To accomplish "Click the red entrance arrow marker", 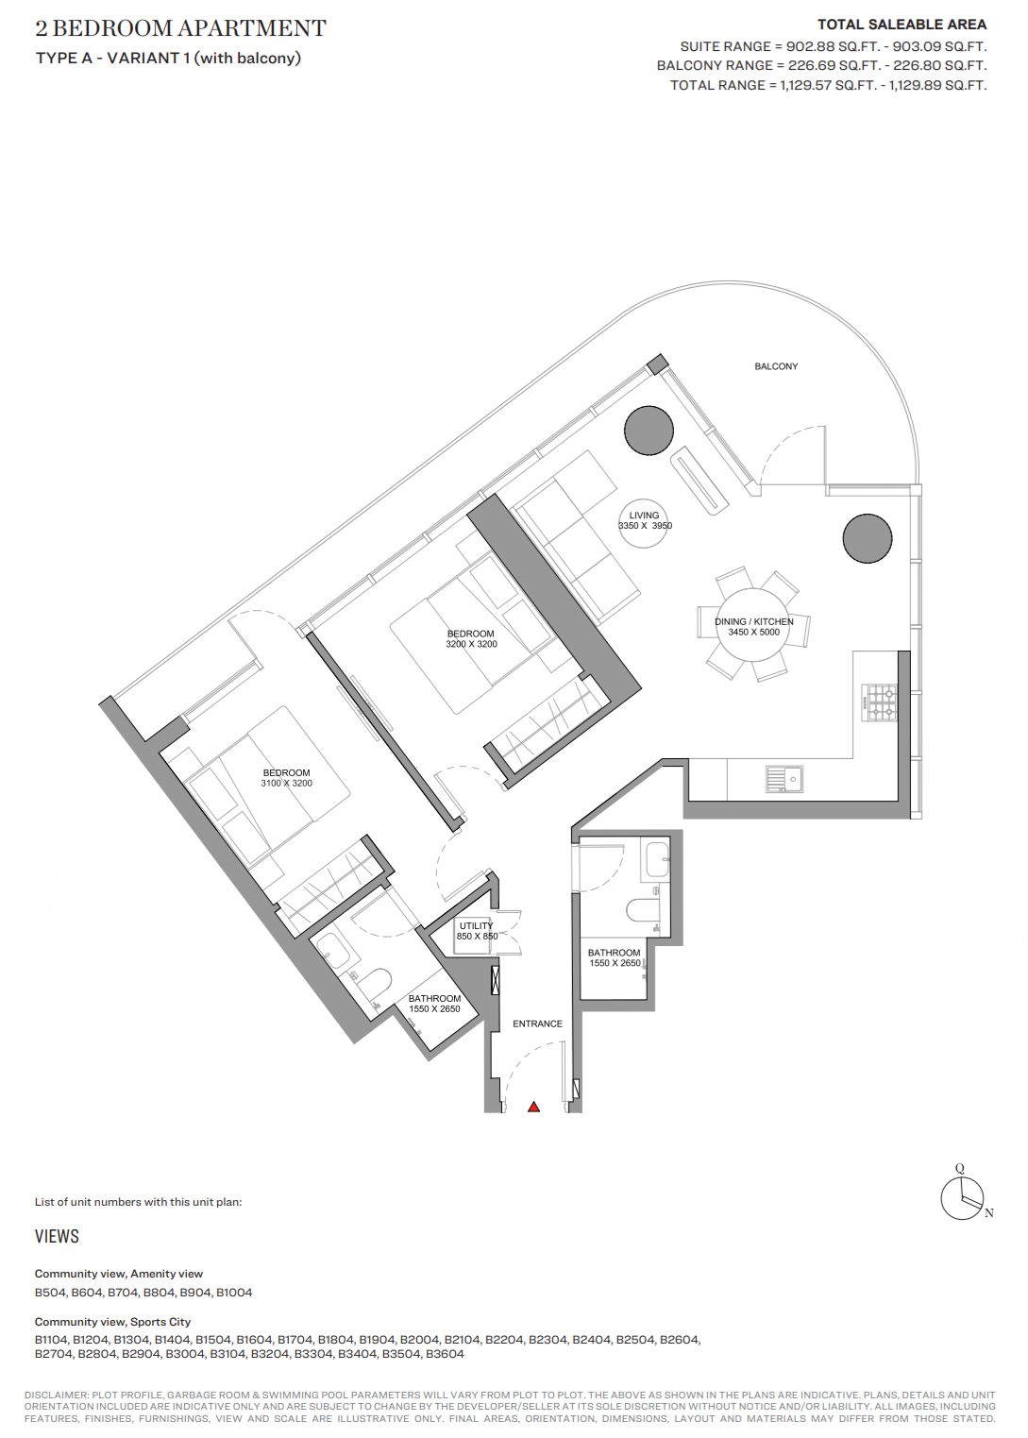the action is click(x=533, y=1106).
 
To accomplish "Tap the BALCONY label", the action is click(x=776, y=366).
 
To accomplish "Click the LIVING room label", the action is click(x=644, y=515).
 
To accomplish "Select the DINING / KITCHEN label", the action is click(x=754, y=621).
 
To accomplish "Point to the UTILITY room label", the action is click(x=476, y=925).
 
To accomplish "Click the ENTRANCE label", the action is click(x=537, y=1024).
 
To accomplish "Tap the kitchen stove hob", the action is click(x=881, y=702).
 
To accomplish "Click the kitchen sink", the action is click(x=784, y=779).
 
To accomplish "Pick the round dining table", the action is click(x=753, y=625).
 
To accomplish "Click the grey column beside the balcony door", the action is click(x=649, y=431).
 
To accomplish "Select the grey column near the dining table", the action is click(x=867, y=539).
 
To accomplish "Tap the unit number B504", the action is click(x=50, y=1293).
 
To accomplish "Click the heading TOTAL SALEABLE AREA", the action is click(x=902, y=25).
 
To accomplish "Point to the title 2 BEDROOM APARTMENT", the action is click(x=181, y=28).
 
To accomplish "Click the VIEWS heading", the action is click(x=57, y=1236).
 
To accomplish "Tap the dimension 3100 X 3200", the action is click(x=286, y=783).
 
